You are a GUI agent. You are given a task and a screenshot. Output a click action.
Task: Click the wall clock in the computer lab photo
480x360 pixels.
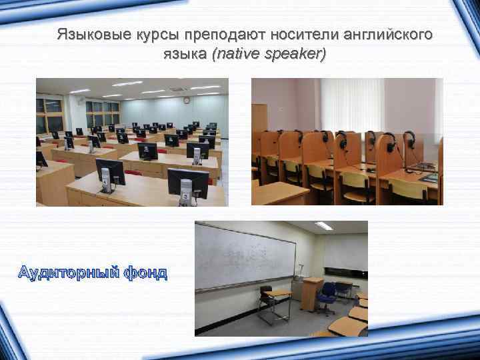pyautogui.click(x=187, y=101)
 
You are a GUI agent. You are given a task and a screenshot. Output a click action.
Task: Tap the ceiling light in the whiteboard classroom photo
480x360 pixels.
pyautogui.click(x=324, y=227)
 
